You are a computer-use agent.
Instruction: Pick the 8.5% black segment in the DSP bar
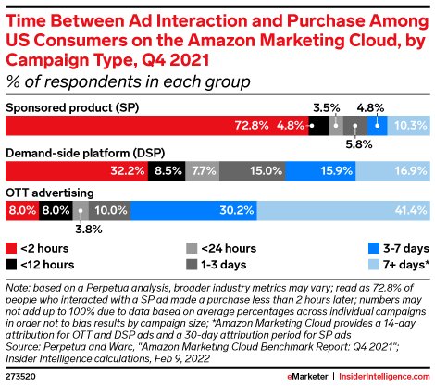[x=167, y=170]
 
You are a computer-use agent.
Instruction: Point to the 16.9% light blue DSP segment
[x=392, y=170]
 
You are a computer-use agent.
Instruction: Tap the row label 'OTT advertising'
[x=47, y=193]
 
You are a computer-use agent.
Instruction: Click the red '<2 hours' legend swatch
[x=12, y=248]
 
